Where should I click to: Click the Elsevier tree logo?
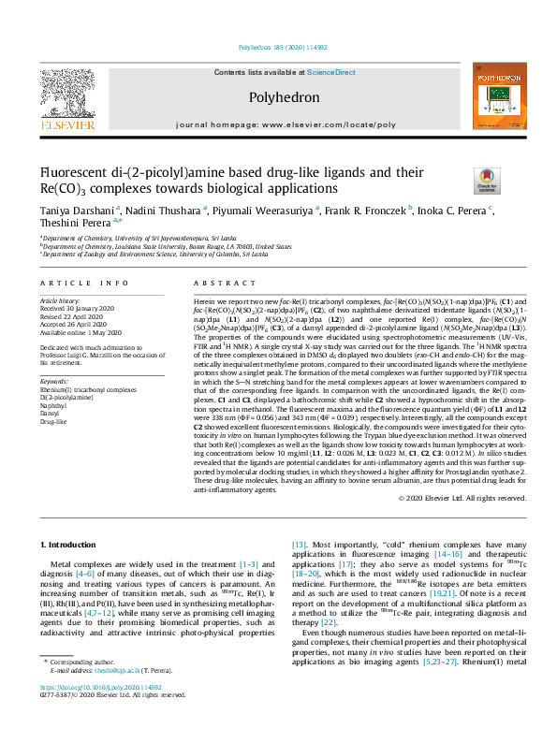point(67,91)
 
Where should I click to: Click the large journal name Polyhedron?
point(285,97)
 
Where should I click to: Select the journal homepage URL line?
point(286,124)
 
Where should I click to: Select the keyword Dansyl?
point(52,414)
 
